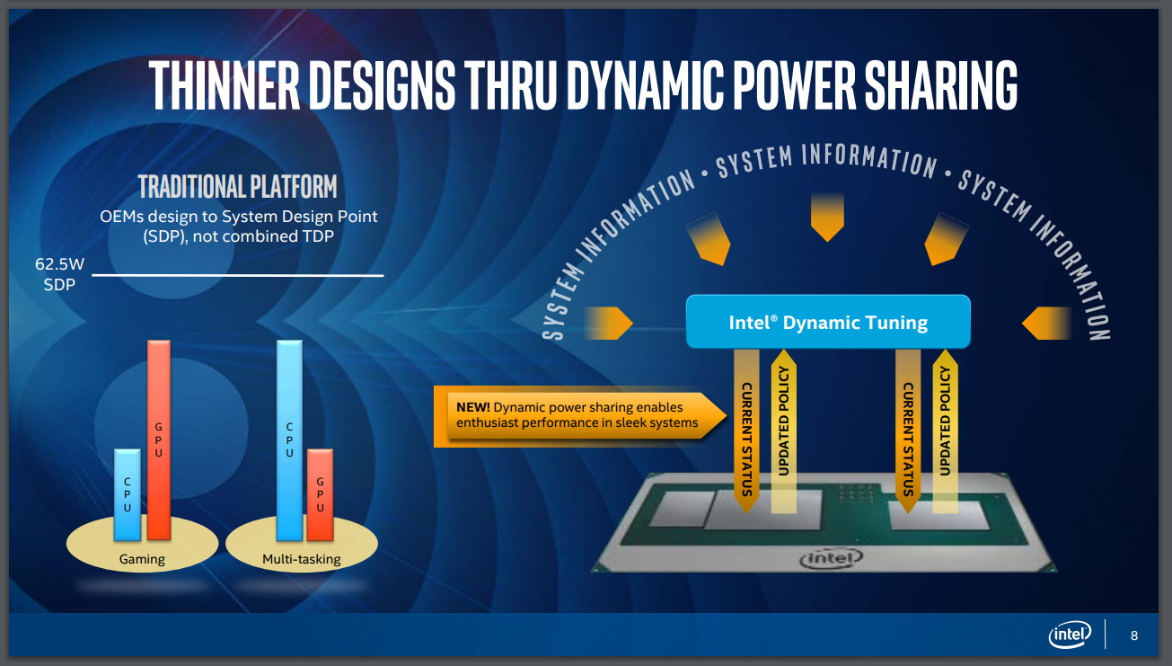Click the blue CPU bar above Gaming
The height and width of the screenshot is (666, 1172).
(x=128, y=494)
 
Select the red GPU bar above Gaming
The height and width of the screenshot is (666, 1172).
(x=159, y=440)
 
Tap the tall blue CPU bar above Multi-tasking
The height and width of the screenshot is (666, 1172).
(x=289, y=440)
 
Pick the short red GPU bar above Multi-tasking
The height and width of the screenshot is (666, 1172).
(x=320, y=494)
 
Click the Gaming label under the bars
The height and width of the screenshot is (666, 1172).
(x=142, y=559)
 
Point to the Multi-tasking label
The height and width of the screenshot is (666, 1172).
(x=302, y=559)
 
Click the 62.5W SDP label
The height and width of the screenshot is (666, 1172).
(x=59, y=274)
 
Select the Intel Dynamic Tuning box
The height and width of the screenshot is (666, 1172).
(x=828, y=322)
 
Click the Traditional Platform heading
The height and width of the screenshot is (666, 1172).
(x=237, y=186)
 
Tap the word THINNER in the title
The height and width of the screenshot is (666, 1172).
(x=225, y=84)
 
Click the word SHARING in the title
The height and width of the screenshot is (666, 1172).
(x=940, y=84)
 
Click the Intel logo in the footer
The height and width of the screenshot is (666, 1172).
(x=1070, y=635)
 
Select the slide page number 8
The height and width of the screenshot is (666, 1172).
(x=1134, y=635)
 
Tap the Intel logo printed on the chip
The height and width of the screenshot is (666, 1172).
(x=831, y=558)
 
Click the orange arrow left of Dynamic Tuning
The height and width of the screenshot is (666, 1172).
(x=609, y=323)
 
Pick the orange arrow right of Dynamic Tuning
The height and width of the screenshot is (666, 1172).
(x=1046, y=323)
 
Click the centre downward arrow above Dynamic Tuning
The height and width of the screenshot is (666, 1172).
(x=827, y=218)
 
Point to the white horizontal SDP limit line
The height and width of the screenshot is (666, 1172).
(x=237, y=274)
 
